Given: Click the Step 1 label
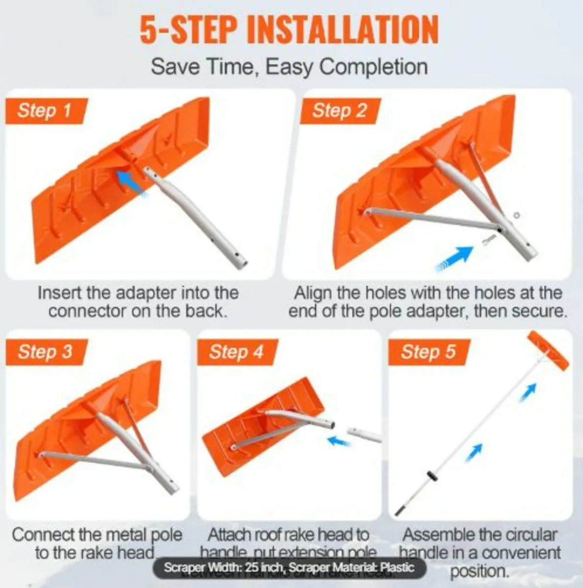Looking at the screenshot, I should [45, 110].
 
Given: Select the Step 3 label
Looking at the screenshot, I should [45, 351].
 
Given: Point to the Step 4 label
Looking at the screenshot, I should [236, 351].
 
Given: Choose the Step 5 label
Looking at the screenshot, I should [428, 351].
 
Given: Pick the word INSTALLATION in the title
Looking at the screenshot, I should [342, 30].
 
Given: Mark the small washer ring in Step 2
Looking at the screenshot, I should [516, 215].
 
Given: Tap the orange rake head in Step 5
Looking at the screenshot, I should [548, 350].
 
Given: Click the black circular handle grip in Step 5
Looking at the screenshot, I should [432, 477].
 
